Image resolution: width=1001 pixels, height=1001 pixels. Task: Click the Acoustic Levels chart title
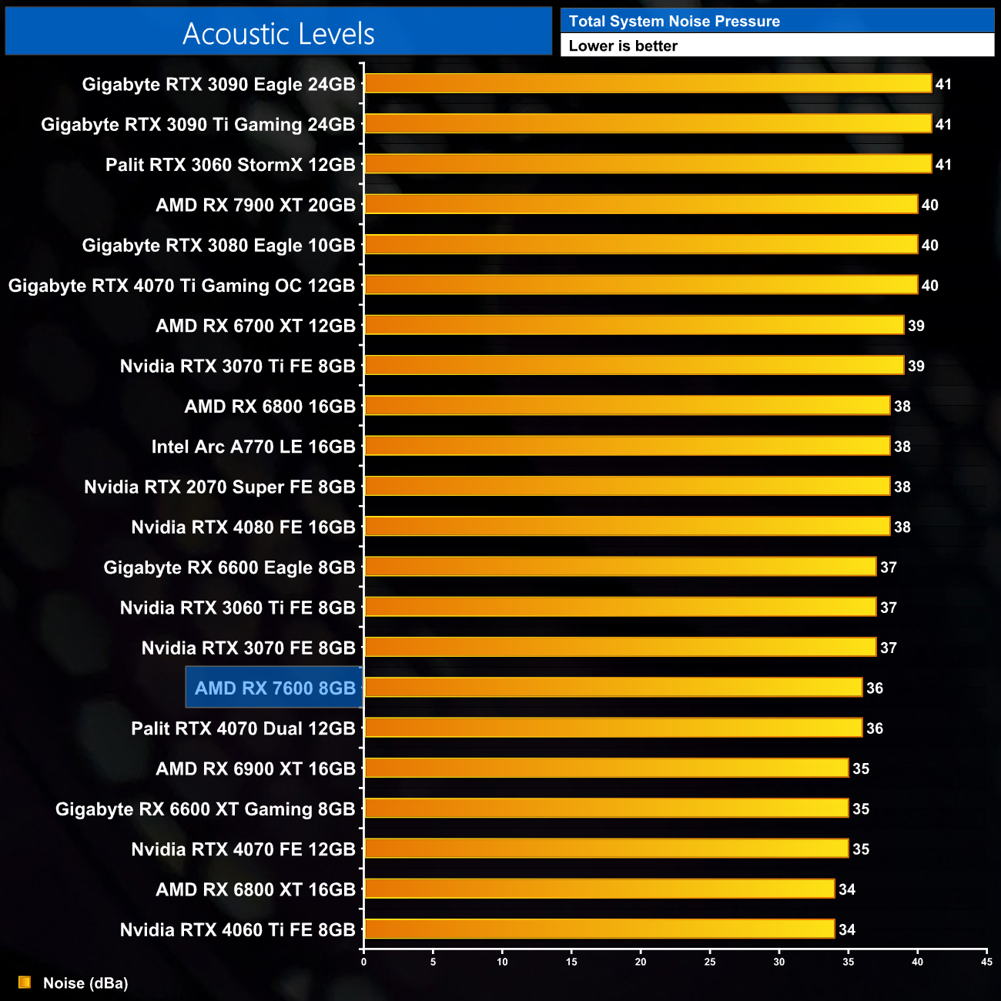pos(278,34)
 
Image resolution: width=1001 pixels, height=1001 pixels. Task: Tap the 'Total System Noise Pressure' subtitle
pos(674,22)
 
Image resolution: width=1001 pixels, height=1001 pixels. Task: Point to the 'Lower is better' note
pos(623,46)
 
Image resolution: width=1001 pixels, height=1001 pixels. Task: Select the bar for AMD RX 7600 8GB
pos(613,687)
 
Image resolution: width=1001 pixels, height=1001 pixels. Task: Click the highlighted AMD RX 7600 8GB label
pos(275,688)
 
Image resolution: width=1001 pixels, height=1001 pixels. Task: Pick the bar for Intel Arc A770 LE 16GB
pos(627,446)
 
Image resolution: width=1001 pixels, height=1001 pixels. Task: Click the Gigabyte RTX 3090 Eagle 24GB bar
pos(648,83)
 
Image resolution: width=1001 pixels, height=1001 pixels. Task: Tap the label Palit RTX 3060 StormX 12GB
pos(230,165)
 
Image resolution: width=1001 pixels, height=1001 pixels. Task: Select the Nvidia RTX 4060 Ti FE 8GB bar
pos(599,929)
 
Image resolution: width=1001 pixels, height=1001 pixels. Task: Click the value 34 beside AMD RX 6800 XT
pos(847,889)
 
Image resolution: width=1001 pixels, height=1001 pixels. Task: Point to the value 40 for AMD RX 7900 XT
pos(930,205)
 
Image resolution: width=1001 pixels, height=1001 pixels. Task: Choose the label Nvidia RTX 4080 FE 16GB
pos(243,527)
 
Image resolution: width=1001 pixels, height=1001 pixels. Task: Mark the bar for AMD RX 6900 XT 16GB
pos(606,768)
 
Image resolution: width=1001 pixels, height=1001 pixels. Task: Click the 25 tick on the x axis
pos(710,962)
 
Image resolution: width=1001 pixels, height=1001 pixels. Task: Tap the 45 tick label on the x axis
pos(986,962)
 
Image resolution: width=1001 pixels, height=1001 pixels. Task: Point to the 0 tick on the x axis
pos(364,962)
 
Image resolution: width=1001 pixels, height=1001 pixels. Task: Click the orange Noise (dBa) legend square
pos(25,983)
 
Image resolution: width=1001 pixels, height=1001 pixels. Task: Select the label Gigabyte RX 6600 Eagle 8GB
pos(229,567)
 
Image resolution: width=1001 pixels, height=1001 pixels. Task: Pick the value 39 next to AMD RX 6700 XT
pos(916,326)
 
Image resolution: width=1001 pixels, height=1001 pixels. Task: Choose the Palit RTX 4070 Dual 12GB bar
pos(613,728)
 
